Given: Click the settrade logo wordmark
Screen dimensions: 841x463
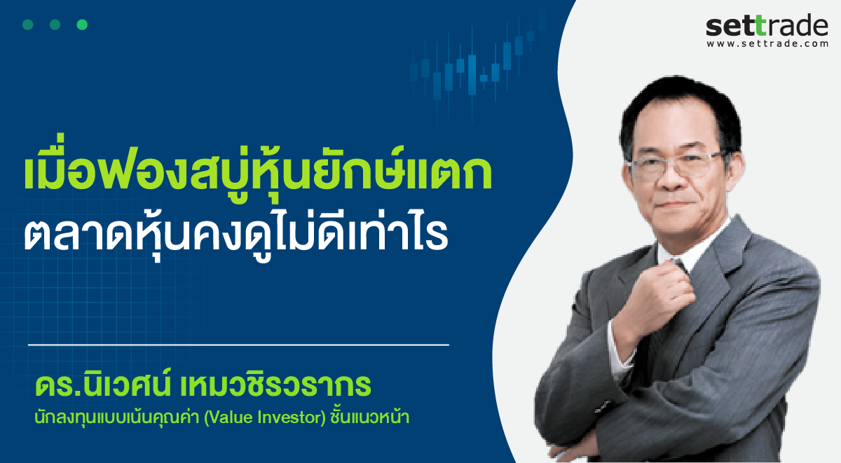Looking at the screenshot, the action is (767, 25).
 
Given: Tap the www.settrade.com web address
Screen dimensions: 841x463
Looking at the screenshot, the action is (767, 43).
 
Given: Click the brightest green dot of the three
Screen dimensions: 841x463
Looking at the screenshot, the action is (82, 25).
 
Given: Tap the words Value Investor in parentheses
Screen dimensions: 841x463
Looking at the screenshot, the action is (265, 417).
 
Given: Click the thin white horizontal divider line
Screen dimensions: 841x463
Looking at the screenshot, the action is (238, 345).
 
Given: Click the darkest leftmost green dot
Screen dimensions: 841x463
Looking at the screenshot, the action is (28, 25).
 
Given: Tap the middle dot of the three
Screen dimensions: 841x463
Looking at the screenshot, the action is (55, 25).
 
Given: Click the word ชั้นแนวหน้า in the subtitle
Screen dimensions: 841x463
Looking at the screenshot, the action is (370, 417).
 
